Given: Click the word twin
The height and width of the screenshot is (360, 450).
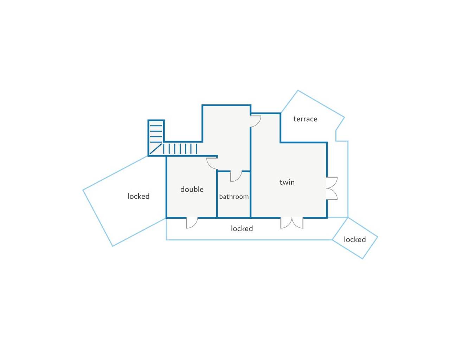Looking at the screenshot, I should (287, 182).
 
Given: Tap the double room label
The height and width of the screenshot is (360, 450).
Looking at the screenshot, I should (192, 189).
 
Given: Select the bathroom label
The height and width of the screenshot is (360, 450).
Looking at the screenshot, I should (234, 197).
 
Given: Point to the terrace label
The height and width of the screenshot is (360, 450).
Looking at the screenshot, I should (305, 119).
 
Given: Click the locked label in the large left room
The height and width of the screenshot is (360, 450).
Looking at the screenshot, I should (139, 196).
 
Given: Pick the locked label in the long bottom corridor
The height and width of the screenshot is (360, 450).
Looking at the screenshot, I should (242, 229).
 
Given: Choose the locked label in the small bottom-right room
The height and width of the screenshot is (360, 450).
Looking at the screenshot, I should (355, 239).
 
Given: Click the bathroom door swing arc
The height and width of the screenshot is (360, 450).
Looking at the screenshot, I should (236, 176).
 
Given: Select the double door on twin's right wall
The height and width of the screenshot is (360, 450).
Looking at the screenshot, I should (332, 188).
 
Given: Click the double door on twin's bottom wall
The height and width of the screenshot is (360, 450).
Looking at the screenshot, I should (292, 223).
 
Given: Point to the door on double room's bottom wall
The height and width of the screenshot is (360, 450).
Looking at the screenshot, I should (192, 223).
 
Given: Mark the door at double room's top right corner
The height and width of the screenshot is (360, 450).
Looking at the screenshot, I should (212, 163).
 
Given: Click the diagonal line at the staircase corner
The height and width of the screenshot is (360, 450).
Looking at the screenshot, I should (155, 149).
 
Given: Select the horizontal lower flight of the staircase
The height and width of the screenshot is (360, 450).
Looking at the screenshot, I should (180, 148).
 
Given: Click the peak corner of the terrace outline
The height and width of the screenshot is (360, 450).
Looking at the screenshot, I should (298, 91).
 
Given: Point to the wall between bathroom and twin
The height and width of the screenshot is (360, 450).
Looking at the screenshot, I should (250, 193).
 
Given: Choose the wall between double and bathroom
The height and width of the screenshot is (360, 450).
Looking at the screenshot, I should (217, 195).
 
